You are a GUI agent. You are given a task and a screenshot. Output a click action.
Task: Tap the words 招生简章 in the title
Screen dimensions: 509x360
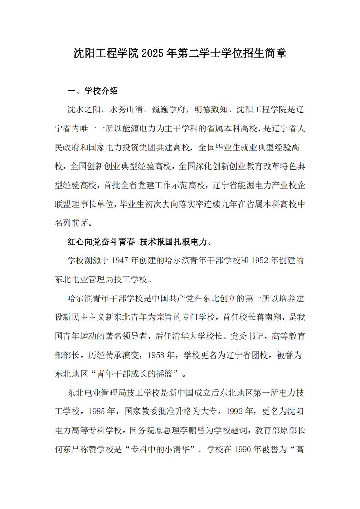[x=265, y=54]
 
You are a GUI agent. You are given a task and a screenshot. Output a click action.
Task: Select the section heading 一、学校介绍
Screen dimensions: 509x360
[x=92, y=91]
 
